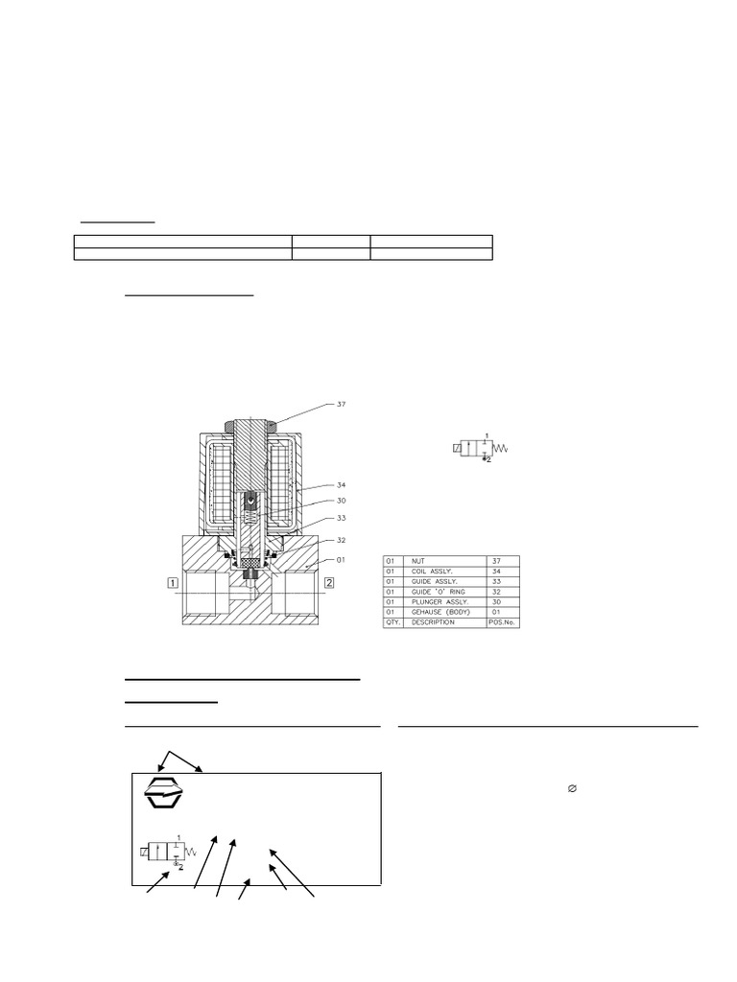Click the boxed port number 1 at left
172,582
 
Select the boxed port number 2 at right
329,582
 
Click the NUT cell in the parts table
446,561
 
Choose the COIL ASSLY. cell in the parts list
446,573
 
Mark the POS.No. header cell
502,622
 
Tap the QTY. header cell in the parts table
394,622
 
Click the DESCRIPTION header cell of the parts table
446,622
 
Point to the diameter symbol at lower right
572,788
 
